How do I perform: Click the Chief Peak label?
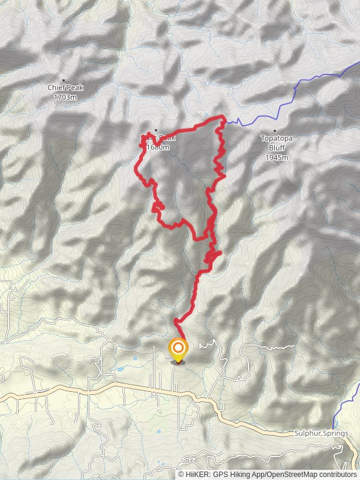tap(65, 88)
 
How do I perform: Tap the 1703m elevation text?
tap(65, 97)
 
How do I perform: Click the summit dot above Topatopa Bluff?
tap(275, 130)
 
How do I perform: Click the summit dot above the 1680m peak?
tap(155, 130)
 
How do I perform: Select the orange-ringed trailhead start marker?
tap(178, 349)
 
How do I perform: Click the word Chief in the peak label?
tap(56, 88)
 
